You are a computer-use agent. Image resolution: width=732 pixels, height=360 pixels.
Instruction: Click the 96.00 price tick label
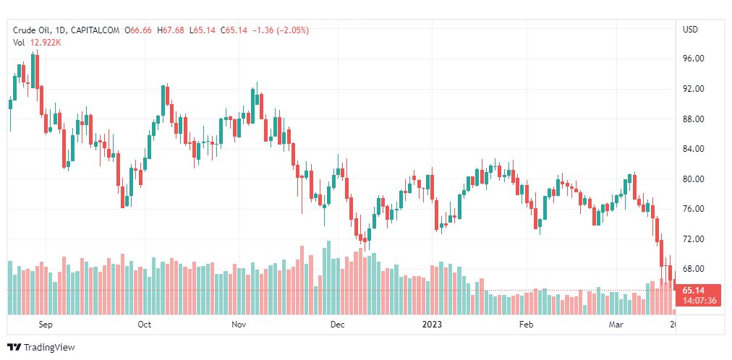[x=693, y=59]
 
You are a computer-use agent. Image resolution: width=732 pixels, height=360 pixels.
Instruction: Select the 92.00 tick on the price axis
[x=693, y=89]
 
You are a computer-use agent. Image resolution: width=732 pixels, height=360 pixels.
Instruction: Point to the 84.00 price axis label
[x=693, y=149]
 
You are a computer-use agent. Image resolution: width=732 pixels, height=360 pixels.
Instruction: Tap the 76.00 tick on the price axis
[x=693, y=209]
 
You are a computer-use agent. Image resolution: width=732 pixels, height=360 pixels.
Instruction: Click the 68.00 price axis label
[x=693, y=269]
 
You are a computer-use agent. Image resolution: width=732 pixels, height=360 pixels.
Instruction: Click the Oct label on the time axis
[x=144, y=325]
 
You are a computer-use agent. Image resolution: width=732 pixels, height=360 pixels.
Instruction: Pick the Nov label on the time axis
[x=239, y=325]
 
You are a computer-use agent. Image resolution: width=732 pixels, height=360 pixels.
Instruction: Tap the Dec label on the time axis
[x=337, y=325]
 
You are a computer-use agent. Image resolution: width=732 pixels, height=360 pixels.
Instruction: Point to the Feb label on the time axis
[x=526, y=325]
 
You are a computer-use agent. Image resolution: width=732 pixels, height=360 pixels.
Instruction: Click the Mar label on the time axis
[x=616, y=325]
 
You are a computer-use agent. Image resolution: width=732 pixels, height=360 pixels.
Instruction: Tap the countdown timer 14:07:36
[x=698, y=301]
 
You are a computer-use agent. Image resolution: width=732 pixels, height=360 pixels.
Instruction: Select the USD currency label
[x=690, y=30]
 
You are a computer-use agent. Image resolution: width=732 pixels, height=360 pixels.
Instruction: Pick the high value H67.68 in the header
[x=171, y=30]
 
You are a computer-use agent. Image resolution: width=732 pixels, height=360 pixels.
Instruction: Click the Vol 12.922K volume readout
[x=37, y=43]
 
